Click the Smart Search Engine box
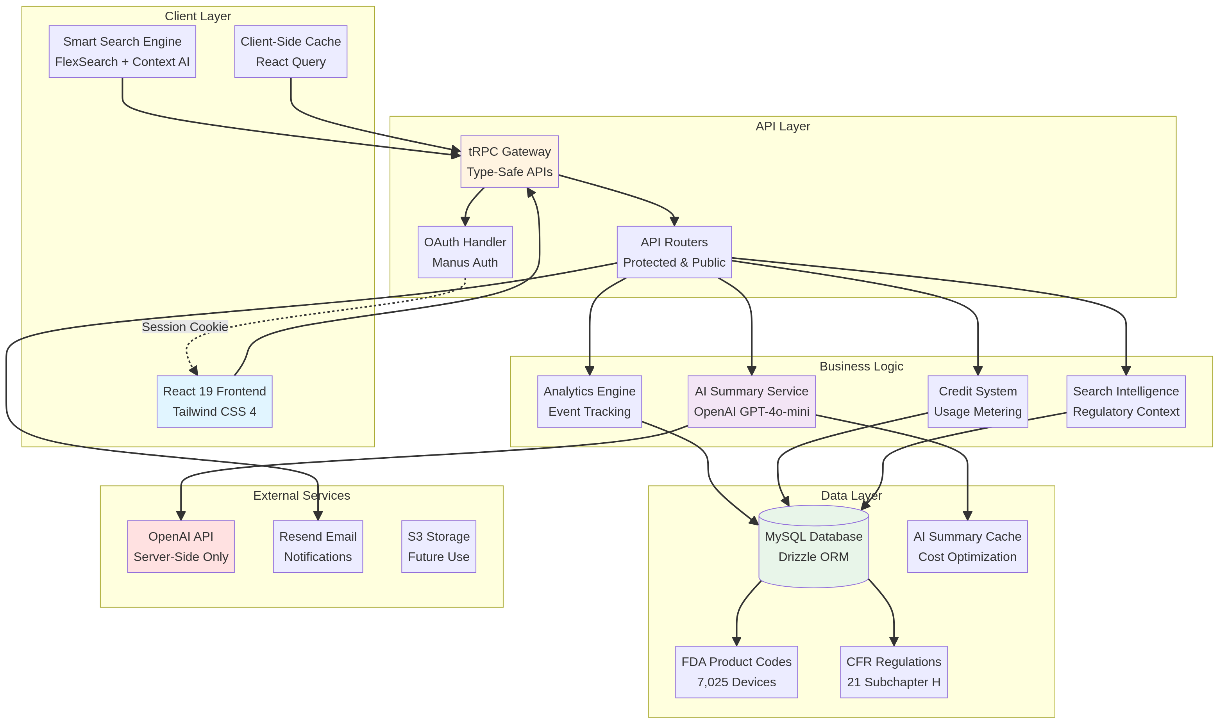(x=122, y=51)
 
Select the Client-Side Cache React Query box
(x=291, y=51)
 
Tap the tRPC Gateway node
(x=509, y=161)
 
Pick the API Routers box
(x=674, y=252)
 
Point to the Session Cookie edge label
(x=185, y=326)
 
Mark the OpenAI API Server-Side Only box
(x=181, y=546)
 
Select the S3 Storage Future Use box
(x=438, y=546)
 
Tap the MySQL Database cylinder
(x=813, y=548)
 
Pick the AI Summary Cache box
(x=967, y=546)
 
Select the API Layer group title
(x=782, y=126)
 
